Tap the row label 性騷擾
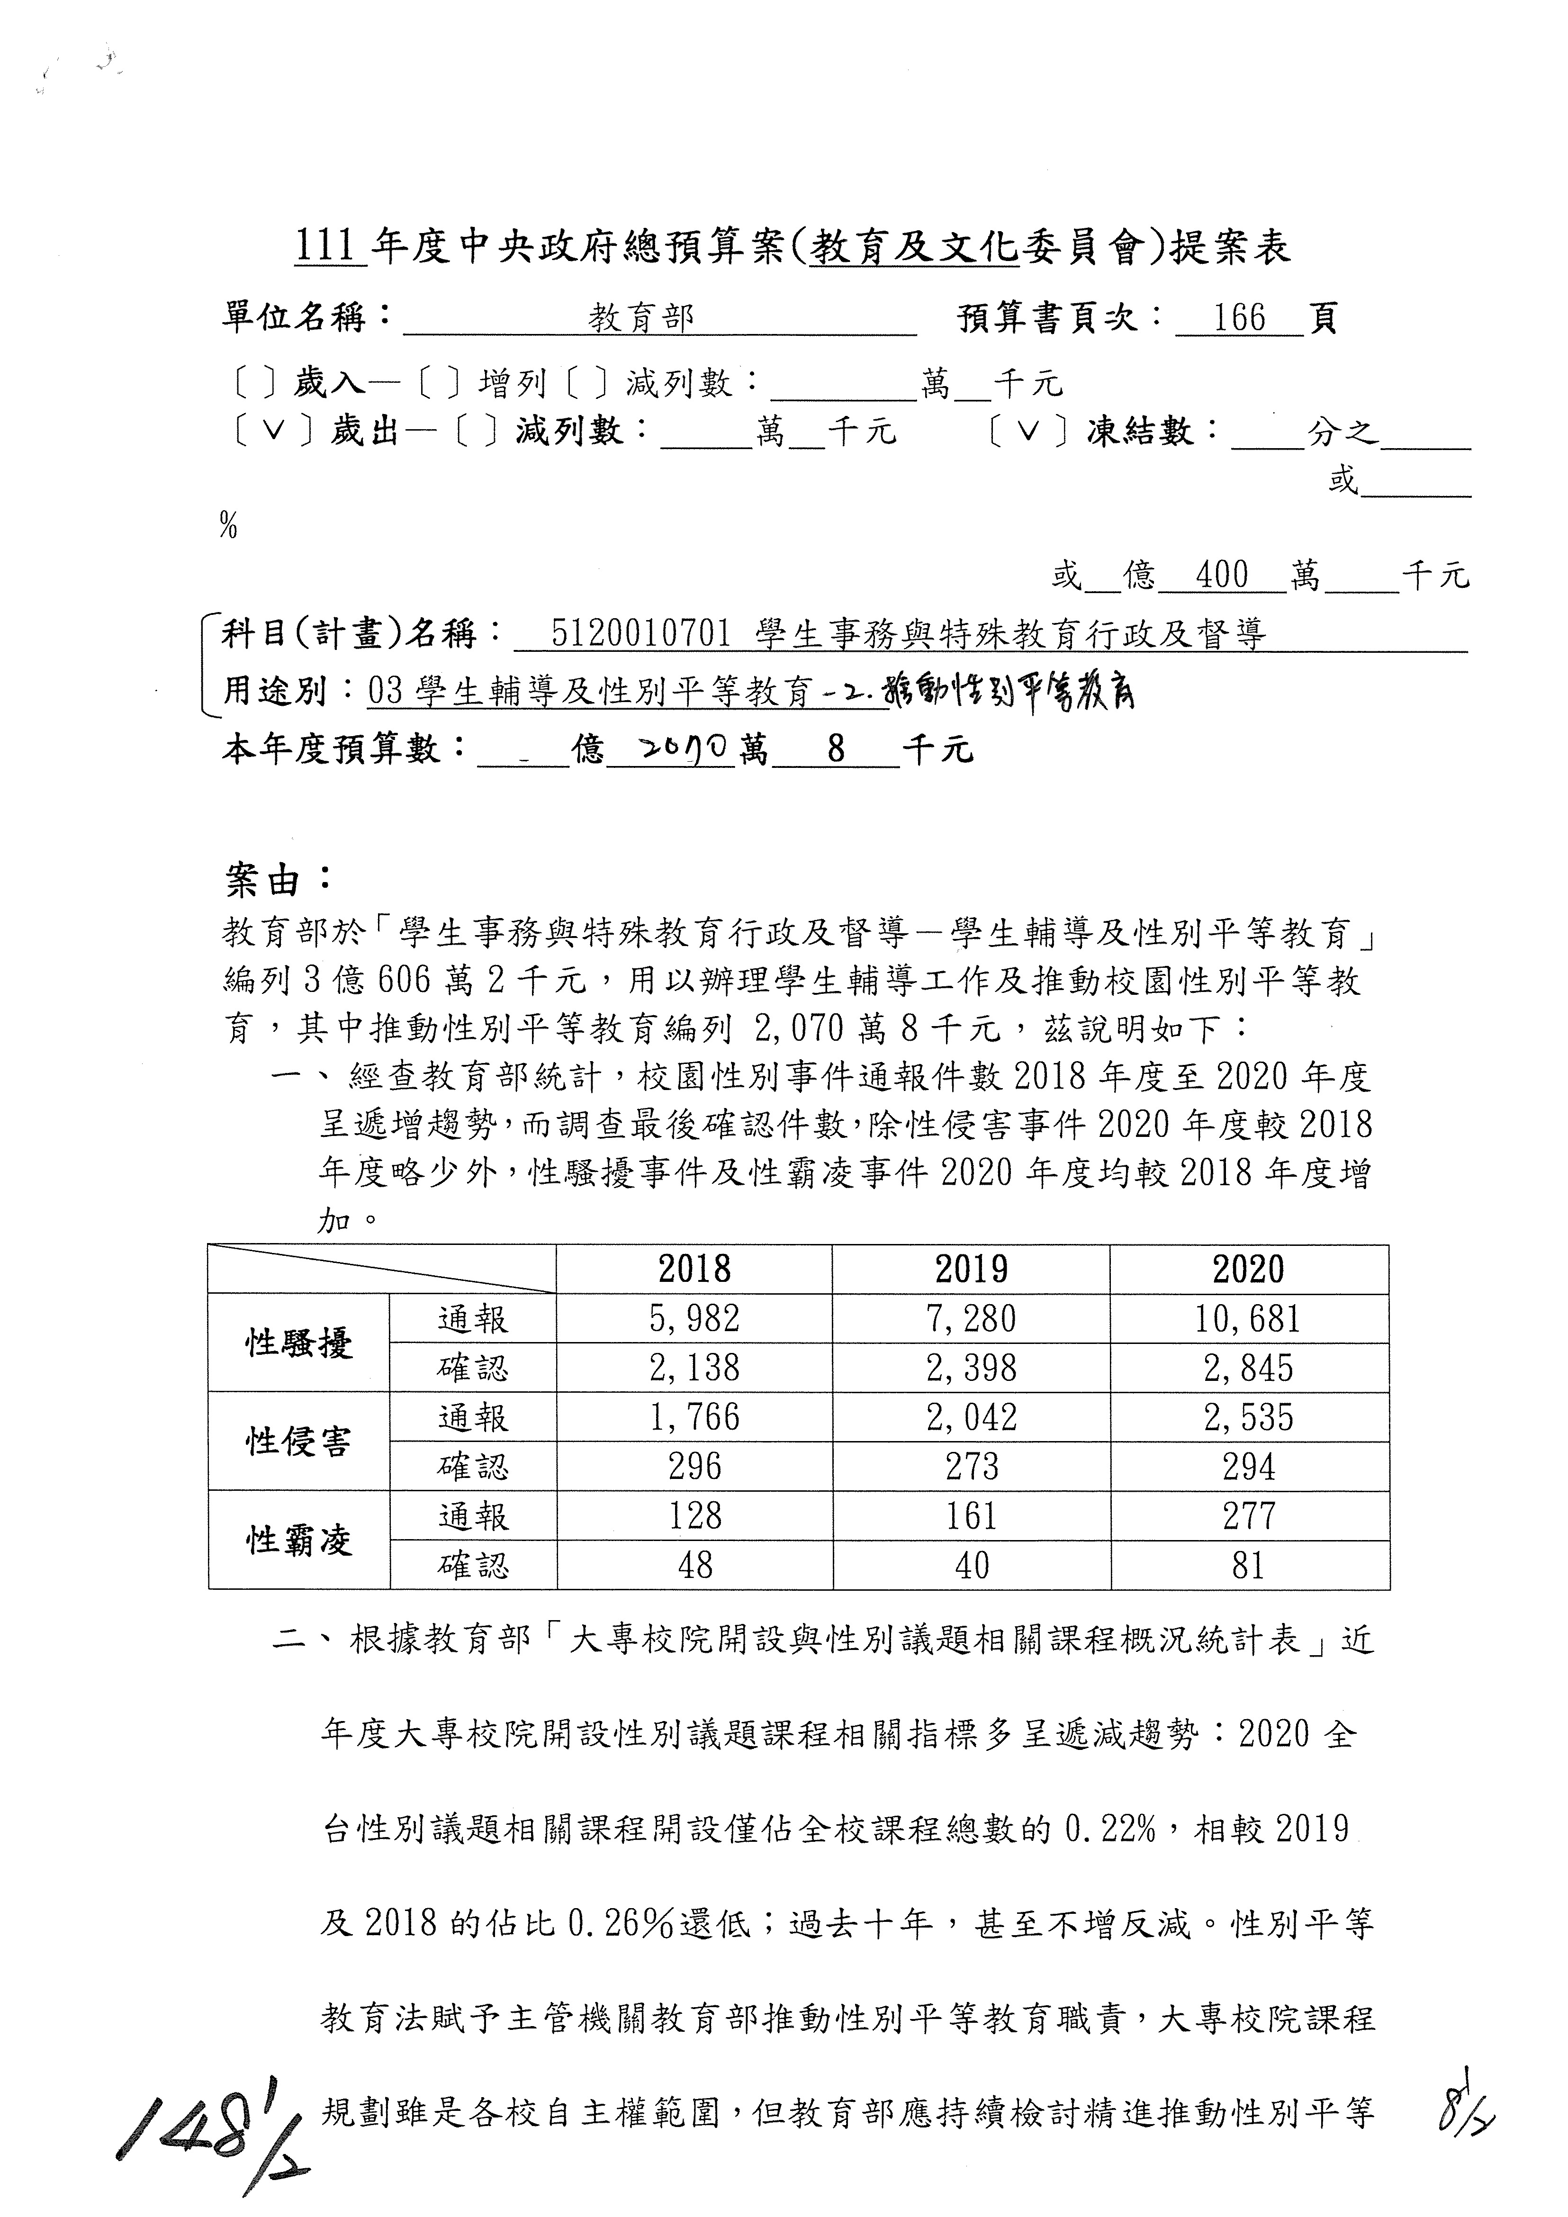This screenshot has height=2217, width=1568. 299,1343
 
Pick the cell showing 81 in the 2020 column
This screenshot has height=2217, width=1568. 1248,1565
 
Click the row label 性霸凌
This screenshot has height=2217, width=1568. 299,1540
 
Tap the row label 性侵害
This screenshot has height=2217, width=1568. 299,1442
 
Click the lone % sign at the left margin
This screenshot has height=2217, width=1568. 229,525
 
